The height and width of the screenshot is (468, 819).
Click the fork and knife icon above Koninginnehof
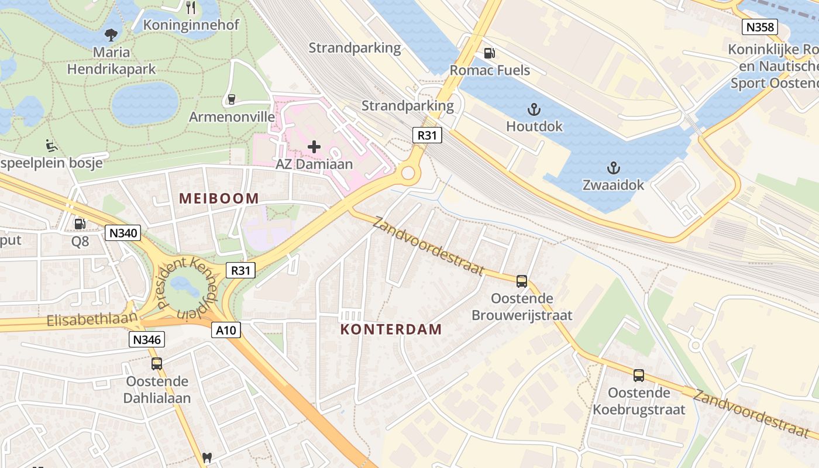pos(190,7)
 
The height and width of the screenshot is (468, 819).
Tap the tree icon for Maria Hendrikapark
pos(111,35)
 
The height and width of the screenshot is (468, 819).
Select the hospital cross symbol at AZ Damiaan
pos(314,146)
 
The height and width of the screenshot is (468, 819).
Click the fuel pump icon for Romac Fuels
pos(489,53)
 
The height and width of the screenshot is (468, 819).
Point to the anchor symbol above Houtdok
pos(534,109)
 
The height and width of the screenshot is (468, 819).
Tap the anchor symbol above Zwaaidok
pos(613,168)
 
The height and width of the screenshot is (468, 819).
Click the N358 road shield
pos(759,27)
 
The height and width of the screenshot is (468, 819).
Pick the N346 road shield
pos(147,339)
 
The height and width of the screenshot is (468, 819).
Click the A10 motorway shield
pos(226,331)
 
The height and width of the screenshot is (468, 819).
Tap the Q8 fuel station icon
pos(80,223)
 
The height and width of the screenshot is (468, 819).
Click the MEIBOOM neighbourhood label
pos(219,198)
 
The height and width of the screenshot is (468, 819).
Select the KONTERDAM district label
pos(391,329)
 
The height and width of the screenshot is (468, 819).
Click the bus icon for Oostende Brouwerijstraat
pos(522,281)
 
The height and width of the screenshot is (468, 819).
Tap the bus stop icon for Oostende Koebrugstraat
pos(639,376)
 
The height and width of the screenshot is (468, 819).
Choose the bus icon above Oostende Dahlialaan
pos(157,364)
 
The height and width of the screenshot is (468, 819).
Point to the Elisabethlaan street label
pos(92,321)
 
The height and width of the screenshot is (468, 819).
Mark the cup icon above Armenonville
pos(231,99)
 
